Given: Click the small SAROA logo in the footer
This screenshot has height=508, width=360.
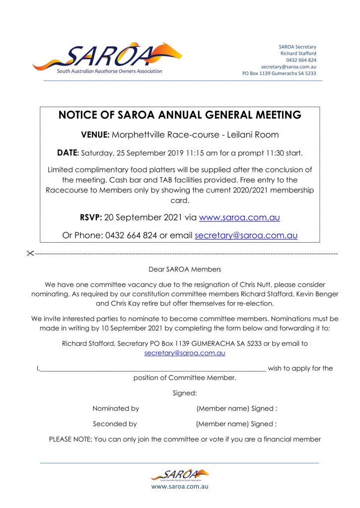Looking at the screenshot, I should point(180,475).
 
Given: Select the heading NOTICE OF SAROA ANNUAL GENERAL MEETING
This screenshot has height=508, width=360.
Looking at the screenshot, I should point(180,115).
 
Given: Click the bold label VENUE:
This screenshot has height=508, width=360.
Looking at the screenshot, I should point(95,134).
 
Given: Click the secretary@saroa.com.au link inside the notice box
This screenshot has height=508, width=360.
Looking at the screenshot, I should point(246,235).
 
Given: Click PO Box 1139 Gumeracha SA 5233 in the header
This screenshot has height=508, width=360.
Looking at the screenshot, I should point(279,73).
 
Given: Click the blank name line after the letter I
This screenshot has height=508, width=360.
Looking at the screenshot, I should point(152,369).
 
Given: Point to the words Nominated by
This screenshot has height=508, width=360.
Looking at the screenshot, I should point(116,408).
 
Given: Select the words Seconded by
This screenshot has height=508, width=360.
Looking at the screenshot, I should point(115,424).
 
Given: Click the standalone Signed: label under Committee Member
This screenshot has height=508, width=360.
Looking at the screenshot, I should point(185,393).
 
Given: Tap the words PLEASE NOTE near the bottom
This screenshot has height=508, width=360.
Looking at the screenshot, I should point(70,439).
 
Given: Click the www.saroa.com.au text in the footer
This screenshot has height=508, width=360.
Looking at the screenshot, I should point(180,487).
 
